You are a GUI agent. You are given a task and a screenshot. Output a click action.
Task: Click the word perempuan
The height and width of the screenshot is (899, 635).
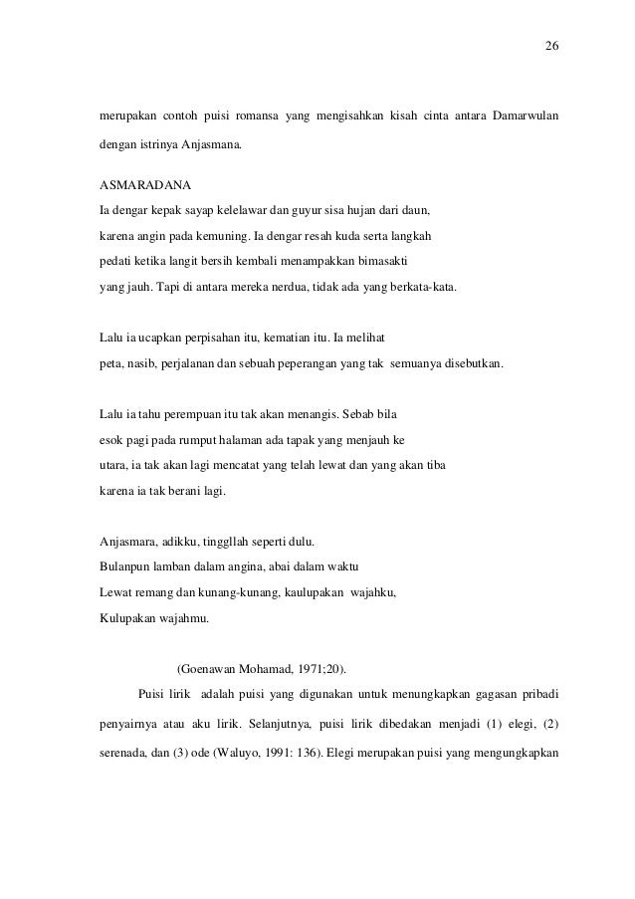[x=199, y=414]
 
